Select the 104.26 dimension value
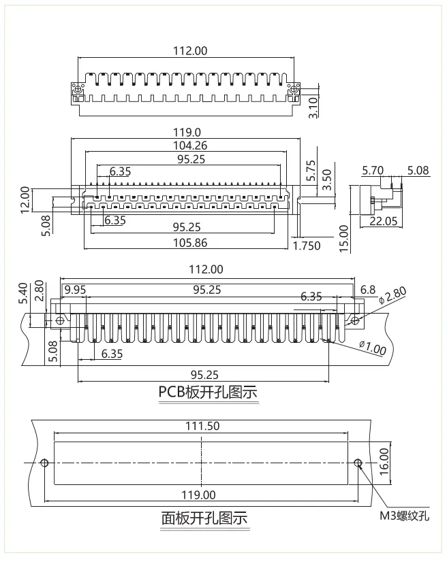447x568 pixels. click(190, 145)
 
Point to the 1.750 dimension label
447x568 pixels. click(307, 246)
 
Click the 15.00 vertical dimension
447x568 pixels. click(343, 239)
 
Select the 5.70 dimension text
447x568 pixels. click(373, 170)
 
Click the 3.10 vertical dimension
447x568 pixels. click(313, 108)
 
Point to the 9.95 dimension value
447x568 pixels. click(74, 290)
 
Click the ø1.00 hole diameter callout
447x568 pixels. click(373, 348)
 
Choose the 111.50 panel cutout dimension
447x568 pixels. click(202, 426)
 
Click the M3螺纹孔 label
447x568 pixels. click(405, 516)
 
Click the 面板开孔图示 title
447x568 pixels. click(204, 519)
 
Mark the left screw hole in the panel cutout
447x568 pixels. click(44, 463)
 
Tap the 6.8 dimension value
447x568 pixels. click(367, 290)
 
